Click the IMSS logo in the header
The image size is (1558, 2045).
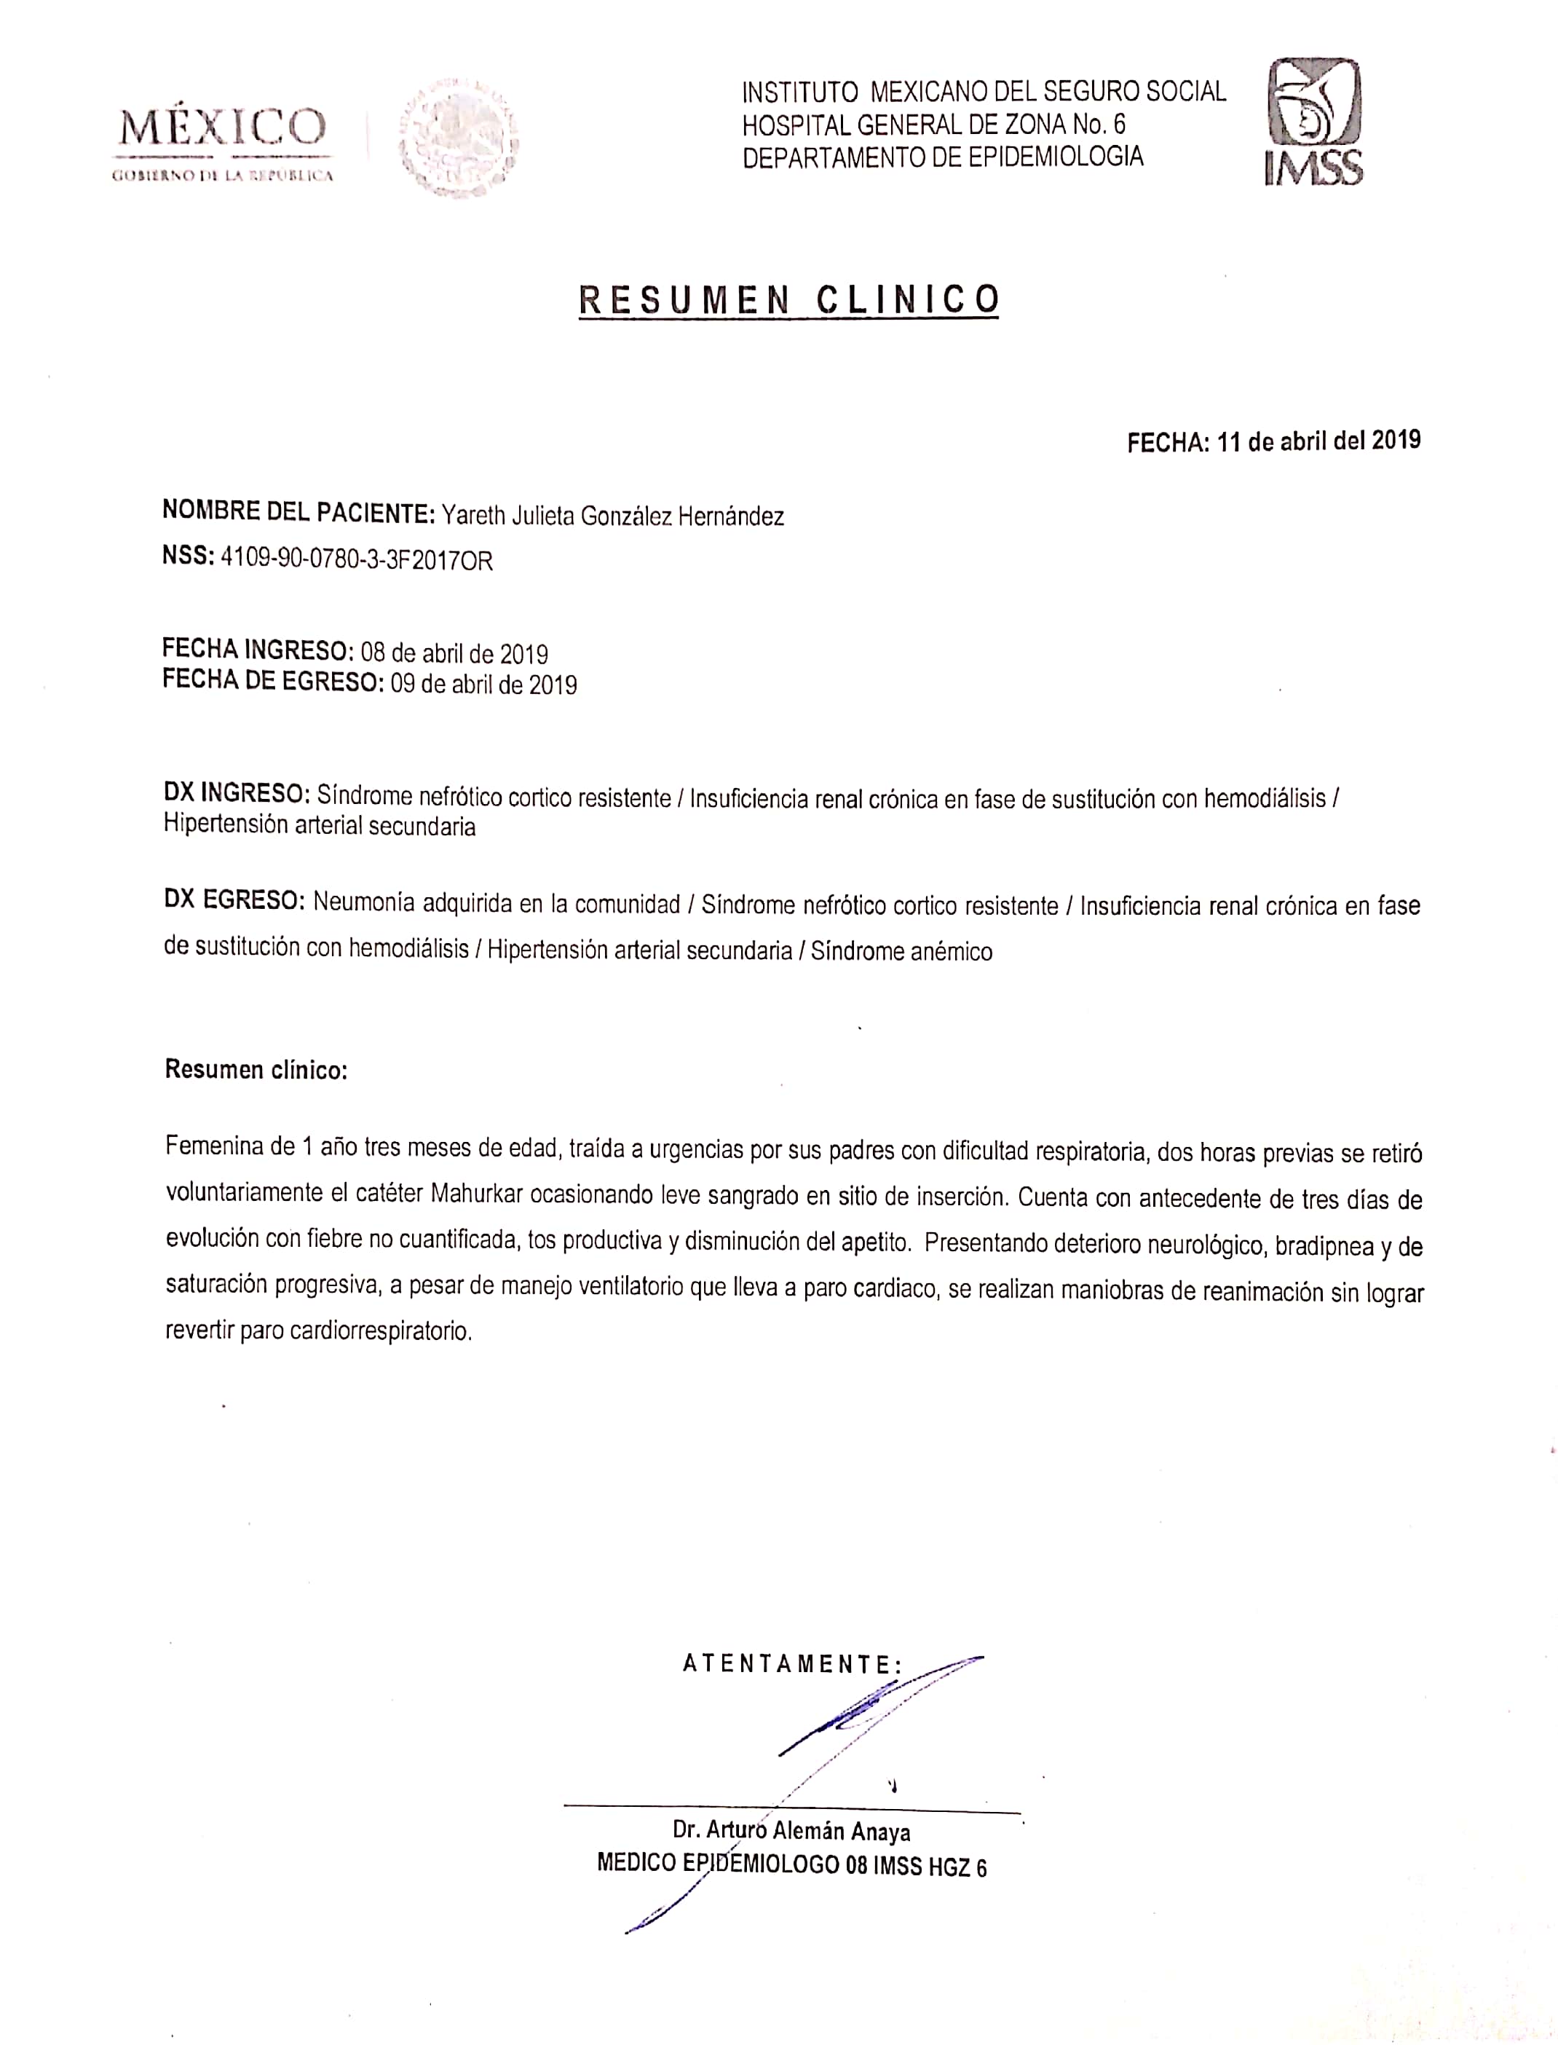[1314, 122]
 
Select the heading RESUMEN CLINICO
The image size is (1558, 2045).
[788, 299]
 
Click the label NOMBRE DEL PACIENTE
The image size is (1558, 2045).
[298, 512]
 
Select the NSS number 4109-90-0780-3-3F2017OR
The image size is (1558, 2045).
[356, 560]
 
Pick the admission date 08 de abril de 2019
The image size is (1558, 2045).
[454, 653]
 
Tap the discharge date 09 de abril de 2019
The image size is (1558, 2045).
[483, 685]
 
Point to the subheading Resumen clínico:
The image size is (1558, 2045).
[256, 1069]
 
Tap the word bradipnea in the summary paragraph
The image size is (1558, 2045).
[1324, 1245]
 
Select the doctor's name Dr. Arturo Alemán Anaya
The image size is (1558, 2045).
[791, 1831]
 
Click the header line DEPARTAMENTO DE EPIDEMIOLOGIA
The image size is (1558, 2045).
[942, 157]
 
